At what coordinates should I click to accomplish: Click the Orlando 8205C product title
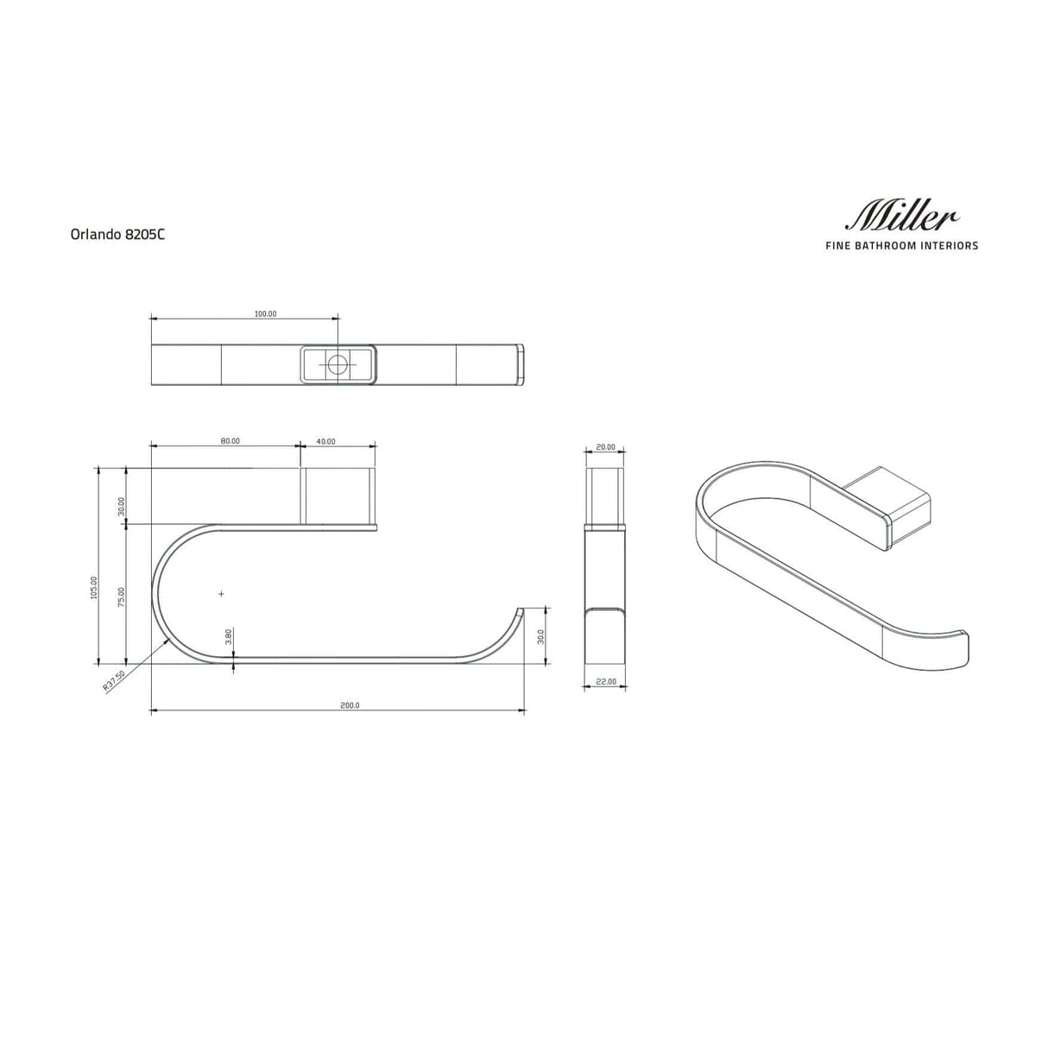pos(117,233)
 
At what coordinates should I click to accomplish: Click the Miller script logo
pos(901,215)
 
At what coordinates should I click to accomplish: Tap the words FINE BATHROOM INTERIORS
pos(901,246)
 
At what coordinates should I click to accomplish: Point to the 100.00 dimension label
pos(265,314)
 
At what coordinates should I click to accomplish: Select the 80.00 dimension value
pos(230,441)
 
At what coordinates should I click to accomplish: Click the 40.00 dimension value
pos(325,441)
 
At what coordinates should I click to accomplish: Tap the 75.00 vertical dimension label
pos(122,597)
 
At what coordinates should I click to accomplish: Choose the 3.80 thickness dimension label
pos(228,636)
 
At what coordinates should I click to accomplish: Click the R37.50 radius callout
pos(114,681)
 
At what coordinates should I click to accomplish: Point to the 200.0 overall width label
pos(349,705)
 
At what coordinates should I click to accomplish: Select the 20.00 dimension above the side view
pos(606,447)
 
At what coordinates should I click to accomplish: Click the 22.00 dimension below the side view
pos(606,682)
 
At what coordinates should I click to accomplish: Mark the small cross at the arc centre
pos(222,594)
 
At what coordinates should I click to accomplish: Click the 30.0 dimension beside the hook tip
pos(540,636)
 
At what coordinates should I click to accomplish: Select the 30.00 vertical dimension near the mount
pos(122,506)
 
